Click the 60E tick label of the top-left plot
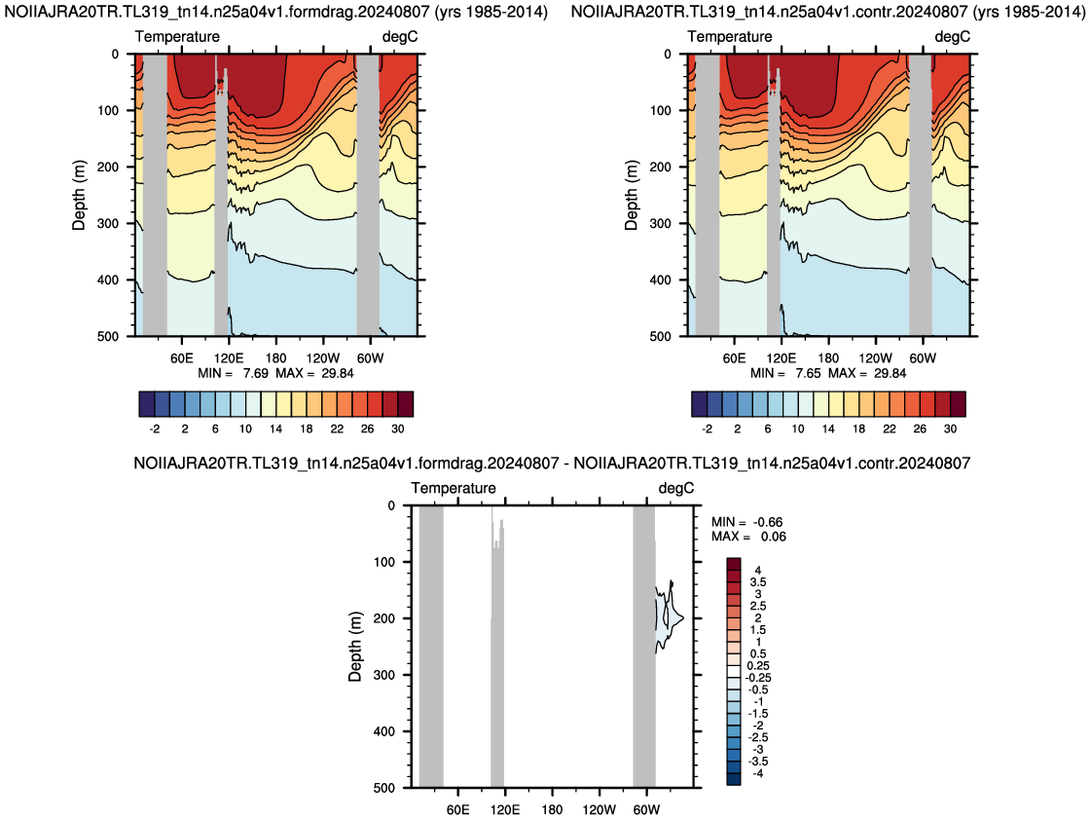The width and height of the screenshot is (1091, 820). click(x=182, y=358)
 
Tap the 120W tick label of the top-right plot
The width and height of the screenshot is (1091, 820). click(x=875, y=358)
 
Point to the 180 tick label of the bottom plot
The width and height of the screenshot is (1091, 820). click(x=552, y=810)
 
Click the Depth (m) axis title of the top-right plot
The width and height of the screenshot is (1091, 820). click(x=631, y=195)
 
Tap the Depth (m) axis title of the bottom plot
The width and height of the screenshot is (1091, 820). click(x=355, y=647)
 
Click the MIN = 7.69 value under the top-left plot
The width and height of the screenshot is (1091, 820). click(x=233, y=373)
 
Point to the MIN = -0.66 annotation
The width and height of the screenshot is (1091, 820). click(x=747, y=522)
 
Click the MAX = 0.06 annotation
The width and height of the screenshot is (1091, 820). click(x=748, y=537)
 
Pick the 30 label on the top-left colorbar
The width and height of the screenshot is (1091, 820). click(x=398, y=429)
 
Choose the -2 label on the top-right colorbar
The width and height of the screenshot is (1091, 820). click(x=707, y=429)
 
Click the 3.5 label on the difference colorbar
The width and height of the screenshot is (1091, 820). click(x=758, y=582)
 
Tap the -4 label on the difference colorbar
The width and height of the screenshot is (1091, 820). click(x=757, y=772)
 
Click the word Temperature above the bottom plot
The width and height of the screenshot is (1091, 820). click(x=454, y=488)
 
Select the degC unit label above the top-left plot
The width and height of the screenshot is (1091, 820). click(x=400, y=37)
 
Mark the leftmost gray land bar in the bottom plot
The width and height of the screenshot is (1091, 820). click(x=431, y=647)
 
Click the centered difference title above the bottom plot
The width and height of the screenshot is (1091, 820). click(x=552, y=464)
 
